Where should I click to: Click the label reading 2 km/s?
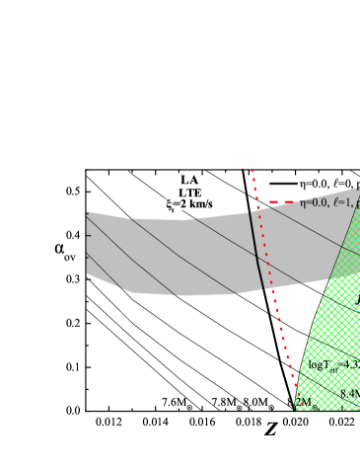point(189,204)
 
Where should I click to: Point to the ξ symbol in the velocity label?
point(171,204)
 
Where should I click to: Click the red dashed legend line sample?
point(283,202)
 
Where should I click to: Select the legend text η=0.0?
point(316,202)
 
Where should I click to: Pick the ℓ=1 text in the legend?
point(344,202)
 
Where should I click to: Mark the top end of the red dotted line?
point(252,168)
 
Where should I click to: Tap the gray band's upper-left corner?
point(88,212)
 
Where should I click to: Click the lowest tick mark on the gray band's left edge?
point(89,255)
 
